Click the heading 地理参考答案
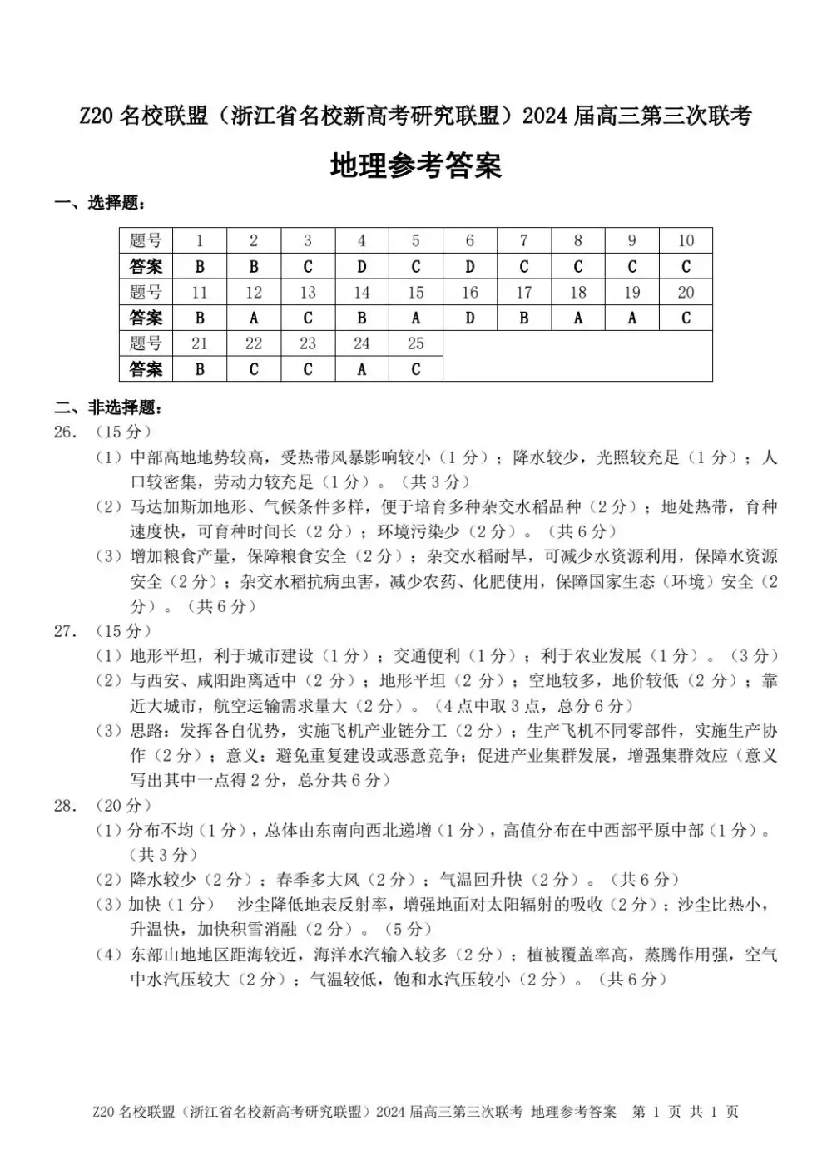(x=416, y=165)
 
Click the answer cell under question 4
(x=361, y=267)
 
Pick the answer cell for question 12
(x=254, y=318)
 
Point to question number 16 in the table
(x=469, y=293)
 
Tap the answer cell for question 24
(x=361, y=368)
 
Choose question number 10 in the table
(x=686, y=241)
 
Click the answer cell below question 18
(x=577, y=318)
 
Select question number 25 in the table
(x=415, y=343)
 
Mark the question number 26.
(x=67, y=432)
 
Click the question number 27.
(x=67, y=631)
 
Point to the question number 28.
(x=67, y=805)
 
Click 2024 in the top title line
(x=546, y=116)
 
